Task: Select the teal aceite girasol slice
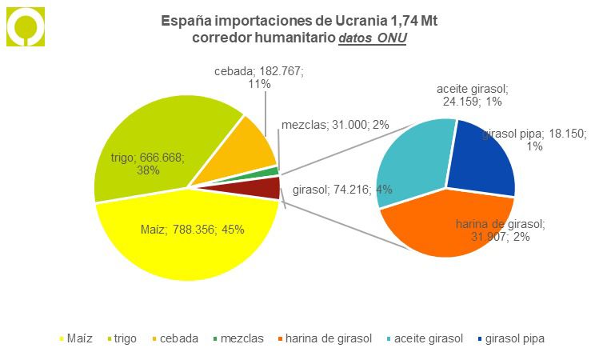[412, 160]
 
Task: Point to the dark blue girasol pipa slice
[480, 160]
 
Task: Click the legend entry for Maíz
[80, 338]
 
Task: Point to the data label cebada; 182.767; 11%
[259, 77]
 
